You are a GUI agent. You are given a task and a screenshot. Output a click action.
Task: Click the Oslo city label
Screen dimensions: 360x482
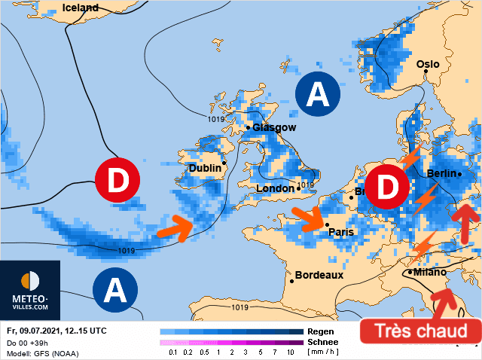[427, 64]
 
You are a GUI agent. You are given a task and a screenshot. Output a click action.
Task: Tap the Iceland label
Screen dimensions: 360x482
[80, 8]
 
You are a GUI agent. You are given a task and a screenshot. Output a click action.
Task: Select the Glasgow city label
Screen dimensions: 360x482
[274, 127]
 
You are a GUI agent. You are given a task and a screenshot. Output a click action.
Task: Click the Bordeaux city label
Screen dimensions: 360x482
[319, 275]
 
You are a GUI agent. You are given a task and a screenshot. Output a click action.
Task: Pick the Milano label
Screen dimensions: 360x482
[429, 272]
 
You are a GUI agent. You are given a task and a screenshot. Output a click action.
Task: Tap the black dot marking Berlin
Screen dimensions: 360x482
[459, 174]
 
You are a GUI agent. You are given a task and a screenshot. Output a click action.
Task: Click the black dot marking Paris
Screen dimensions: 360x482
[326, 224]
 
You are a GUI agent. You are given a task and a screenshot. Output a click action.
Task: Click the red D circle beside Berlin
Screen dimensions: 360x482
[387, 188]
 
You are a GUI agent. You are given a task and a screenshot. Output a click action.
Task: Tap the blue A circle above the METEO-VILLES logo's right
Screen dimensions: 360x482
[115, 288]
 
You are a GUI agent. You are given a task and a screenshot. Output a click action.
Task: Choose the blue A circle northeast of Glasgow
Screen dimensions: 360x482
[319, 95]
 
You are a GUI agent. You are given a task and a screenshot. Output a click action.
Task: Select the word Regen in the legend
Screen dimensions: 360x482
[321, 331]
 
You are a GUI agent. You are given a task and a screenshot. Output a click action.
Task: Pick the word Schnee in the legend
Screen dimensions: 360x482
[324, 342]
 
